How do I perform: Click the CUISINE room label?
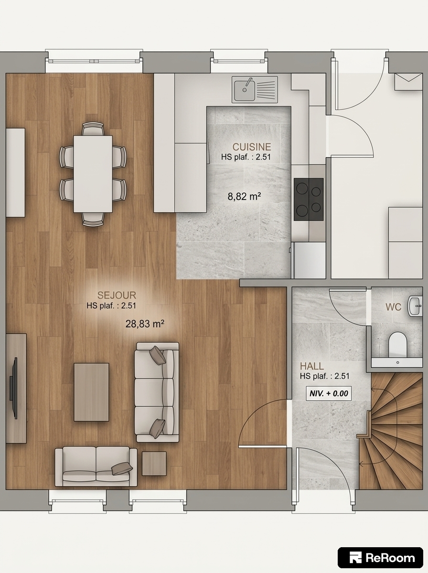[x=252, y=147]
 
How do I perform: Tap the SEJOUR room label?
[x=117, y=295]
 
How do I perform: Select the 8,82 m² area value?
[x=244, y=196]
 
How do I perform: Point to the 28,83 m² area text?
[x=145, y=324]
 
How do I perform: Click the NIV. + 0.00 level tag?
[x=329, y=393]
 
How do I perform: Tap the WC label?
[x=393, y=307]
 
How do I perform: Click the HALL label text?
[x=312, y=366]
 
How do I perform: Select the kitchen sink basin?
[x=245, y=90]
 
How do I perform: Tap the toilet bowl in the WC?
[x=398, y=344]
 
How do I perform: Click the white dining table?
[x=93, y=174]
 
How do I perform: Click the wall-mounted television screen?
[x=13, y=388]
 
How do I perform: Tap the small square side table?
[x=154, y=464]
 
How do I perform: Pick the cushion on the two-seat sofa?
[x=122, y=468]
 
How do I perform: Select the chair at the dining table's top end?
[x=93, y=129]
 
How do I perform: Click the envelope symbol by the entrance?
[x=408, y=82]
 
